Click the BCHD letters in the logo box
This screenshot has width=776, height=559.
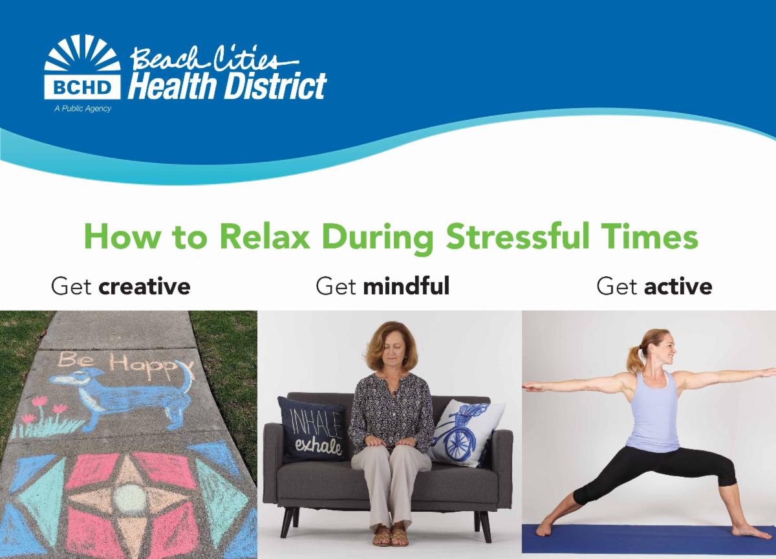pos(83,87)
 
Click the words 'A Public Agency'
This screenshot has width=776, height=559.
pos(83,109)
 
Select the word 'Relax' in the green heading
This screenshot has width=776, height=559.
pos(264,236)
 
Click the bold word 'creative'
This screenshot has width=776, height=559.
pos(144,287)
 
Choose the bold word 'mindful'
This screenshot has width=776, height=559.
pos(406,286)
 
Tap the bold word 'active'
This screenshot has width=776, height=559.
pos(678,287)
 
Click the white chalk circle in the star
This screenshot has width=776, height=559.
pos(129,499)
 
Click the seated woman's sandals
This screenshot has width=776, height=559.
pos(391,536)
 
